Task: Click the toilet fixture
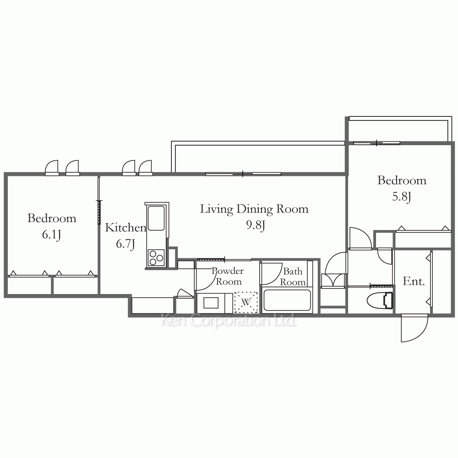(380, 300)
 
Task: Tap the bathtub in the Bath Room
(287, 300)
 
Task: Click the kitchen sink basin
(156, 218)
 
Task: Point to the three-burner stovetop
(156, 257)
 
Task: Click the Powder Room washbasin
(211, 303)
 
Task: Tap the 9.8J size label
(256, 225)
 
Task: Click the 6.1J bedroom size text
(51, 234)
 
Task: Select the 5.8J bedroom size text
(402, 196)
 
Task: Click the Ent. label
(414, 281)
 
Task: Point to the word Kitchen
(125, 228)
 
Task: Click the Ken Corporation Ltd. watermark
(229, 321)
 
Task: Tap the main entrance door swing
(415, 328)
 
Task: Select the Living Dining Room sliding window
(243, 174)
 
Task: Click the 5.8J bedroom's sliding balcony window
(376, 143)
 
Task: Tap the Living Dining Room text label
(254, 209)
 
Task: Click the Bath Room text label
(293, 277)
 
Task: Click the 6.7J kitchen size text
(125, 244)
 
